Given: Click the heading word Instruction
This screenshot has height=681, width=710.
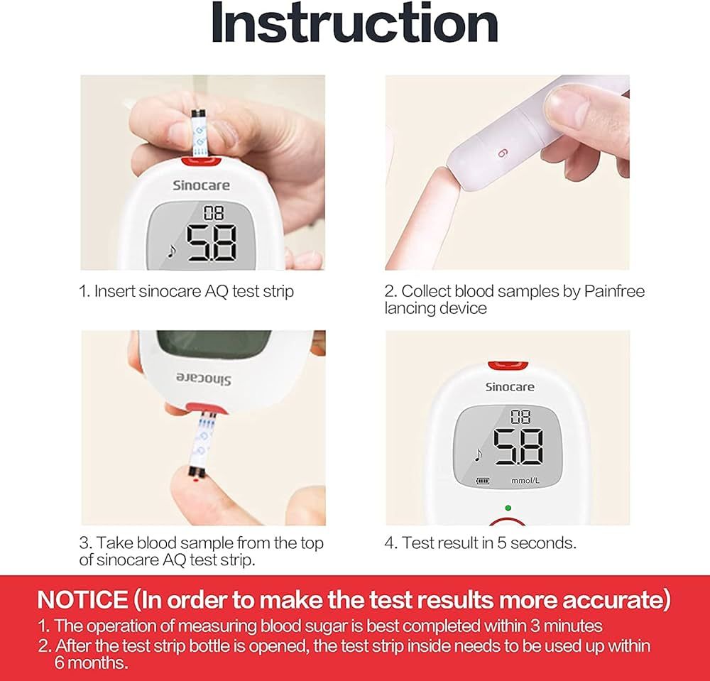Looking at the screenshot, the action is pos(354,23).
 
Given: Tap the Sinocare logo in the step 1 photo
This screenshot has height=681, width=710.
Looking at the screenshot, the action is pos(201,185).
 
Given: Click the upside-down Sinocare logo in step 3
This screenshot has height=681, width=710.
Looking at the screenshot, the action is pos(203,378).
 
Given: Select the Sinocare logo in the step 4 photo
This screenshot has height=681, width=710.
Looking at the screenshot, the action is pos(509,387).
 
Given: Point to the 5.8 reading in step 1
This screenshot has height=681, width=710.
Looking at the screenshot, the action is pos(212,243).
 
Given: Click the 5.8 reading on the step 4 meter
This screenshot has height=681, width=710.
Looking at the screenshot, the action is pos(518,447).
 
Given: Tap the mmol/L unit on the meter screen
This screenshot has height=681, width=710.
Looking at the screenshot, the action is pos(525,481).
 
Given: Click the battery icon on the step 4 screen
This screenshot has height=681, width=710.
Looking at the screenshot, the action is pos(483,481).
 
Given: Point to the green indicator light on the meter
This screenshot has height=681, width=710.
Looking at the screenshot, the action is pos(508,508).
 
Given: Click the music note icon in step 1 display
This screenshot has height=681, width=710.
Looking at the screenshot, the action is pos(171,251).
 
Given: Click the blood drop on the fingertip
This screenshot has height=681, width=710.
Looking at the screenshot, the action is pos(195,479).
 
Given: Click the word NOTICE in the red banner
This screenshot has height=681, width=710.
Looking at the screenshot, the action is pos(83,599).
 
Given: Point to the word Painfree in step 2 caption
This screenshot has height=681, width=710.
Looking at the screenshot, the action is pos(614,291).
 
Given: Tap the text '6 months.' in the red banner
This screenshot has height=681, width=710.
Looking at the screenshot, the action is pos(92,663).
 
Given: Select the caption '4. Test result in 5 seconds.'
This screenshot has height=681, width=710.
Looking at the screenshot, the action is pos(481,543).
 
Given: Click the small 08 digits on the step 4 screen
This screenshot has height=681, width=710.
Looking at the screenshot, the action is pos(520,417).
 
